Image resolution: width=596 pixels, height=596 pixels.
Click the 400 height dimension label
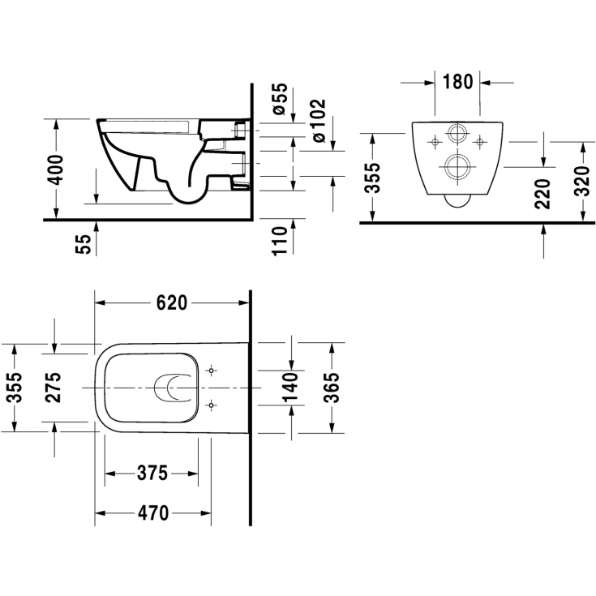pos(55,170)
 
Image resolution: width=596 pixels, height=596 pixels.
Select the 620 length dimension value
pos(172,303)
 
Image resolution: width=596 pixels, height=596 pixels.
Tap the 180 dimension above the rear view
pos(457,82)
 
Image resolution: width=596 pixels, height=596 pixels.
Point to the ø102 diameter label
pos(319,121)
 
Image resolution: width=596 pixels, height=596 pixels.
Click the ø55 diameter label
pos(280,99)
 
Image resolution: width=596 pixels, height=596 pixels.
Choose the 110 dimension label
pos(280,241)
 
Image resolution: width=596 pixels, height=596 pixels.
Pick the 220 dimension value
pos(542,194)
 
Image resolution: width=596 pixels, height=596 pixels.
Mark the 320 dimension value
pos(581,181)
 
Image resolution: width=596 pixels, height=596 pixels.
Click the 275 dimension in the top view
pos(53,388)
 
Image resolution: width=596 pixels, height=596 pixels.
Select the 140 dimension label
pos(291,388)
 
